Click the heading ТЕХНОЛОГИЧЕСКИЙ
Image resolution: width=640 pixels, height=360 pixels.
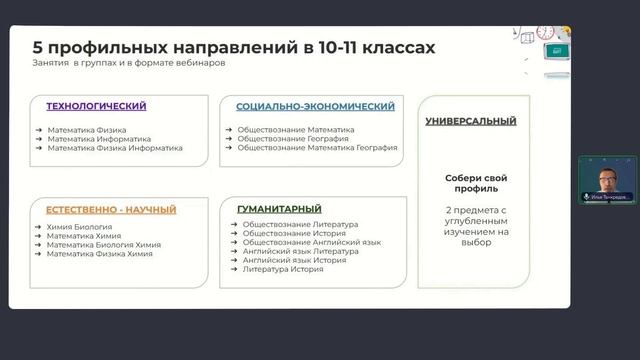tap(96, 105)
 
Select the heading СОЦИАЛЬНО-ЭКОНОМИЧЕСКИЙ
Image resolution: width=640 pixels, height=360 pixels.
tap(315, 105)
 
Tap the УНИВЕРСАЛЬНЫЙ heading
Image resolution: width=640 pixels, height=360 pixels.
tap(470, 121)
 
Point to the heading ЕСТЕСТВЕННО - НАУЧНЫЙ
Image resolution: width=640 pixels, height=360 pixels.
tap(111, 209)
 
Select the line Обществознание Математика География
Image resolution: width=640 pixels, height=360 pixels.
tap(319, 147)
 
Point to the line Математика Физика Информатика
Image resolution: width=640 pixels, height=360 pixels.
tap(114, 147)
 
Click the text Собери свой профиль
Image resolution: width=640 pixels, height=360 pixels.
tap(471, 183)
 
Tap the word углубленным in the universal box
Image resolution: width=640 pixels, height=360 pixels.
tap(470, 221)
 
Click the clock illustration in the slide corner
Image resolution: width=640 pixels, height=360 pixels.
tap(546, 33)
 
